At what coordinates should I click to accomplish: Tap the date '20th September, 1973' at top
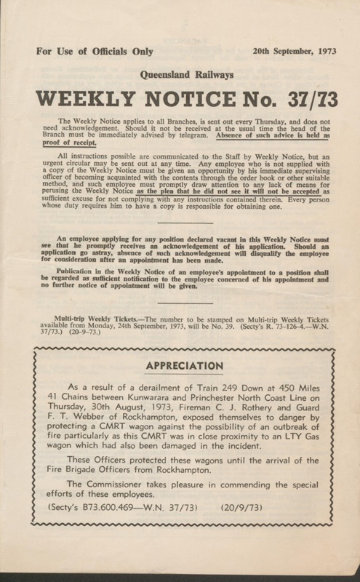pos(288,52)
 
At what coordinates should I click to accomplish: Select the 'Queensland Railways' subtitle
pos(180,84)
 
